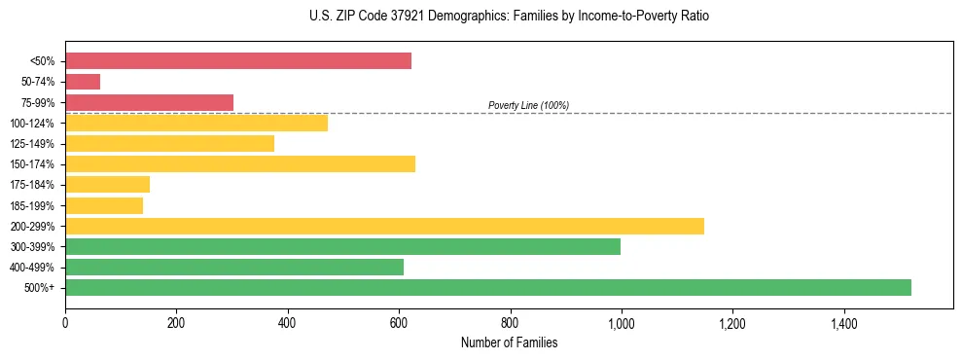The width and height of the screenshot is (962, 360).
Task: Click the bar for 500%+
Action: coord(487,287)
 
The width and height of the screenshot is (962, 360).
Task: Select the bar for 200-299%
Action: coord(384,226)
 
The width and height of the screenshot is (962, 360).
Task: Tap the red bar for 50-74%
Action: coord(83,82)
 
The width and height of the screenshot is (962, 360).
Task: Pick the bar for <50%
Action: coord(238,61)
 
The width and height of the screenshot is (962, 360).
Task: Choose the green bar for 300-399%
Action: coord(342,246)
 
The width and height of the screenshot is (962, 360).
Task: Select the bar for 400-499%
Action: coord(234,267)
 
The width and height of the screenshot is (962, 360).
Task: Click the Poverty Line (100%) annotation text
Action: coord(528,105)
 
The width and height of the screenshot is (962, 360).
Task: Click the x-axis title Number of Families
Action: coord(509,343)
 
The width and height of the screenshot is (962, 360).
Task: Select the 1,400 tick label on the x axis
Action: coord(842,323)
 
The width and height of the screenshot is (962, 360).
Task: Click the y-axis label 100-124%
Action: coord(33,124)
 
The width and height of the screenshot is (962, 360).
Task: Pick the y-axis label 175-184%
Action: coord(33,185)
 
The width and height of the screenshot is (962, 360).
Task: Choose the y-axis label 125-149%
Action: coord(33,144)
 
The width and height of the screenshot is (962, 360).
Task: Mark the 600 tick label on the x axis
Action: coord(398,323)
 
